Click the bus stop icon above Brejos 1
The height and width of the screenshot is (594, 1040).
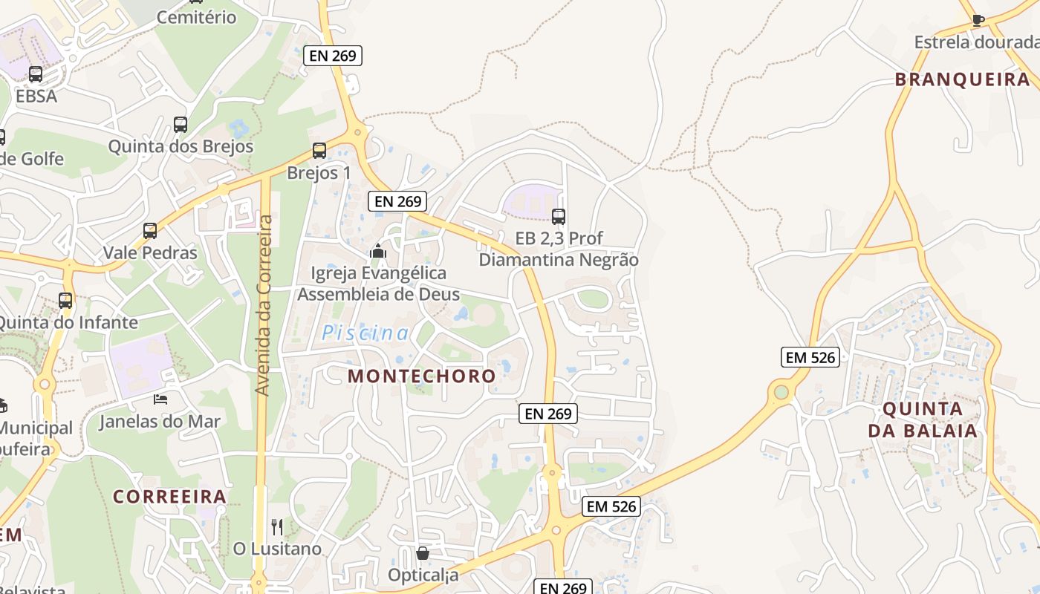point(319,151)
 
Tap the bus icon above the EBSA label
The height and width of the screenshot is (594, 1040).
point(36,74)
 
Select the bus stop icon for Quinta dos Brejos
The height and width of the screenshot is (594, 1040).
point(181,125)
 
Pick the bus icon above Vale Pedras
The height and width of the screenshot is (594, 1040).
point(150,231)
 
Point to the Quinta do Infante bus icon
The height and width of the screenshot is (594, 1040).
point(65,301)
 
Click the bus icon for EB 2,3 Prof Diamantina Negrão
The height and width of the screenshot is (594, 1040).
point(559,217)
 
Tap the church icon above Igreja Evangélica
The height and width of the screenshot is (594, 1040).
point(378,252)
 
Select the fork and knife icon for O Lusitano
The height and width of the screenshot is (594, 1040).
point(277,527)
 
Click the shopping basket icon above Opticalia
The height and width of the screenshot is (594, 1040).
point(423,553)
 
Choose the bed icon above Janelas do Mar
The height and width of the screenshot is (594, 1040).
point(160,399)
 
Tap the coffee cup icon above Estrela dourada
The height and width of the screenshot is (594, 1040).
point(978,20)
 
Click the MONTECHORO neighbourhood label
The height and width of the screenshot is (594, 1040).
point(422,376)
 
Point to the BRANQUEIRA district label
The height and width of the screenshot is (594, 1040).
point(962,79)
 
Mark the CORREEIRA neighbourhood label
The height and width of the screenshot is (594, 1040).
point(169,496)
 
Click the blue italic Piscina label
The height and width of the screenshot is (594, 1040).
point(365,333)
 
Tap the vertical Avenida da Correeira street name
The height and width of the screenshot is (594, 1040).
point(262,304)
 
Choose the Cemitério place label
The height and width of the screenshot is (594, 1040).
point(197,17)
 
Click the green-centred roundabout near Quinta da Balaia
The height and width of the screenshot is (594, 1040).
point(781,391)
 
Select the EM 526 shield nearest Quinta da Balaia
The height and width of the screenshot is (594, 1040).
point(810,357)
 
